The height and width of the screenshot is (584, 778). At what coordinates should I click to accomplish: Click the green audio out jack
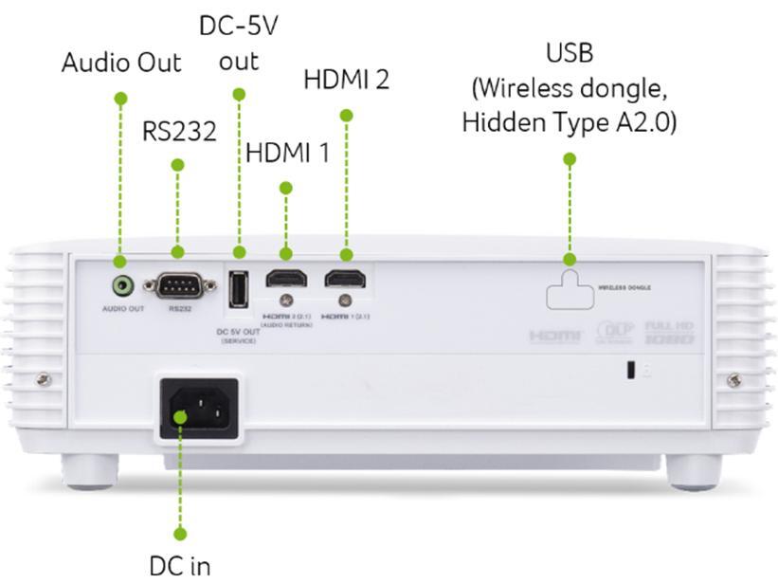point(121,283)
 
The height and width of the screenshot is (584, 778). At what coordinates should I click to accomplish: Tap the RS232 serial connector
point(174,284)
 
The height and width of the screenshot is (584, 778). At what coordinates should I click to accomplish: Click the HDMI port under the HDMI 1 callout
point(285,280)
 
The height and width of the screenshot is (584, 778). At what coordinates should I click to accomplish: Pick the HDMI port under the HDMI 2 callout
point(346,279)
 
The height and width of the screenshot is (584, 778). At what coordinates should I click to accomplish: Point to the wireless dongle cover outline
point(570,288)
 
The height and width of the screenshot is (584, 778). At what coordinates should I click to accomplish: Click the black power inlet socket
point(198,410)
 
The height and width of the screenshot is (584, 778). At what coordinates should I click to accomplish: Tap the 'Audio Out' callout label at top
point(121,64)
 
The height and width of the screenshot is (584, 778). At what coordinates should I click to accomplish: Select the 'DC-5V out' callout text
point(239,43)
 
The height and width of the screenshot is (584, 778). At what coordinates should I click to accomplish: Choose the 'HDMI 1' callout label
point(287,153)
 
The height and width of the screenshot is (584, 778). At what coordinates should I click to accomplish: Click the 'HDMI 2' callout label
point(346,80)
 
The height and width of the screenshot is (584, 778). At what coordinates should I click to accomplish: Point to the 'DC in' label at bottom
point(179,566)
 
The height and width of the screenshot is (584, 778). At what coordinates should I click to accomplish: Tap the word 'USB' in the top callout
point(570,52)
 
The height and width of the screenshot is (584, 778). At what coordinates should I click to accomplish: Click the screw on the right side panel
point(733,380)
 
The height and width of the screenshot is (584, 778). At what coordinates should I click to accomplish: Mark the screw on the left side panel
point(44,380)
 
